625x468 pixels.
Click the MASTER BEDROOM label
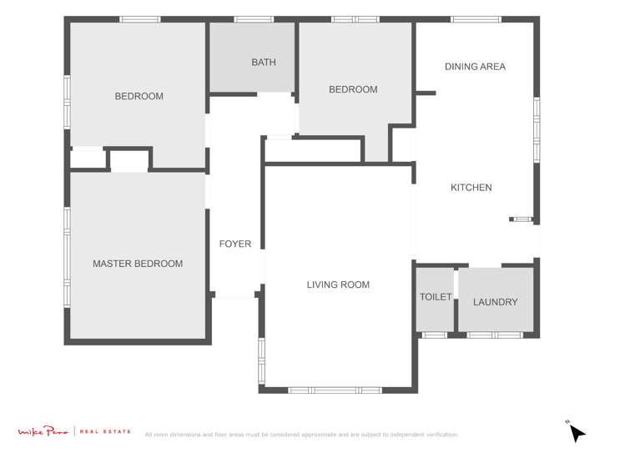point(138,264)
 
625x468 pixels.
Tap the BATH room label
point(264,63)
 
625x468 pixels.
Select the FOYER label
point(235,244)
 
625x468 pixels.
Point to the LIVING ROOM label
point(338,284)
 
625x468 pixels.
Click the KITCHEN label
point(471,188)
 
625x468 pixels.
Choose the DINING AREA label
point(475,67)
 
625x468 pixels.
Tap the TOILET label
point(436,297)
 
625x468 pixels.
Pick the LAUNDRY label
point(496,302)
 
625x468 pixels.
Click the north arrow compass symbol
point(577,433)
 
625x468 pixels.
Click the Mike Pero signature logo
point(44,431)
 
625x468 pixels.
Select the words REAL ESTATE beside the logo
point(106,431)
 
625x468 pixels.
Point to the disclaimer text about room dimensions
point(301,435)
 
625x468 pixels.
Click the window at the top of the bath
point(254,19)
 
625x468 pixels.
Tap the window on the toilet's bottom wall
point(434,335)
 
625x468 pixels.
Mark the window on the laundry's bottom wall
point(495,335)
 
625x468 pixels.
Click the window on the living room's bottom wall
point(335,390)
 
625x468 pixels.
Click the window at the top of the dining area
point(476,19)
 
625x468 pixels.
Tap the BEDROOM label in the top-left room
point(139,96)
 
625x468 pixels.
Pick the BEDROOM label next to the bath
point(353,89)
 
